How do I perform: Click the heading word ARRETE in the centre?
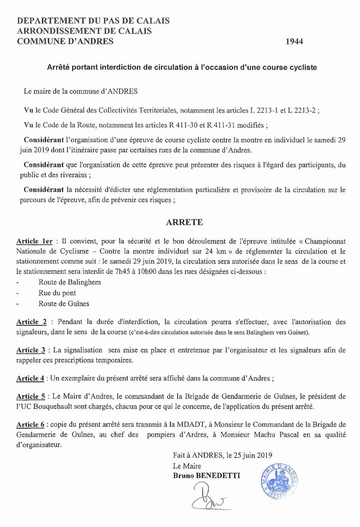pos(185,222)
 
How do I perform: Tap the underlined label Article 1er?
pos(34,241)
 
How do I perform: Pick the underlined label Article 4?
pos(30,379)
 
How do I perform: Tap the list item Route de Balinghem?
pos(70,282)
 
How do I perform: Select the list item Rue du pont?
pos(57,293)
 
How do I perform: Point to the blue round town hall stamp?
pos(280,481)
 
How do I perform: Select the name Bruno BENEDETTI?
pos(206,476)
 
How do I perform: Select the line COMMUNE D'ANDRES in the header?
pos(65,41)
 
